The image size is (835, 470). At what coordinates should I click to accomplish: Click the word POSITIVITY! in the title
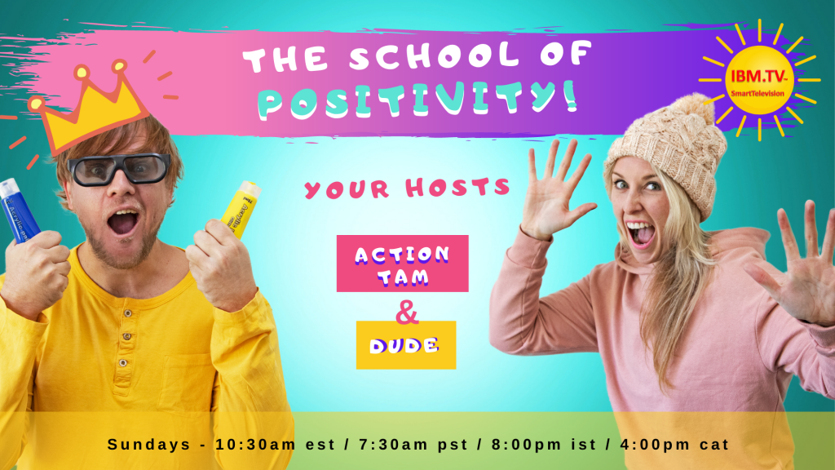(x=417, y=99)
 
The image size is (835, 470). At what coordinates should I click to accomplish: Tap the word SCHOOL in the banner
(x=434, y=56)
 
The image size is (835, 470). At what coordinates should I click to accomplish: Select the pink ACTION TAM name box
(x=403, y=264)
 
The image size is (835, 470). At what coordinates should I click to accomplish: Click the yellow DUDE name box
(x=406, y=345)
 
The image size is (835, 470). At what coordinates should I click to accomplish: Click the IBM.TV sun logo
(x=759, y=80)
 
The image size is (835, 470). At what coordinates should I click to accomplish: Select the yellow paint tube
(x=241, y=208)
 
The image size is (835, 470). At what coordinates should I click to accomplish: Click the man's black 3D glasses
(x=120, y=168)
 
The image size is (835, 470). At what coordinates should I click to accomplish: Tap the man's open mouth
(x=123, y=222)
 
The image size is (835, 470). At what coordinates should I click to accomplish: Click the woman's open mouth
(x=640, y=233)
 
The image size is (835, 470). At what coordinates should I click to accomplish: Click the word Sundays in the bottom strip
(x=148, y=445)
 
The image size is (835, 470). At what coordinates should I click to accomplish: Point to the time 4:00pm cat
(x=674, y=445)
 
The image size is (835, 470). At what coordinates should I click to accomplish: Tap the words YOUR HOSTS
(x=408, y=188)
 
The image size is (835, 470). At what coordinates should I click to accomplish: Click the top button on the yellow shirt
(x=127, y=313)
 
